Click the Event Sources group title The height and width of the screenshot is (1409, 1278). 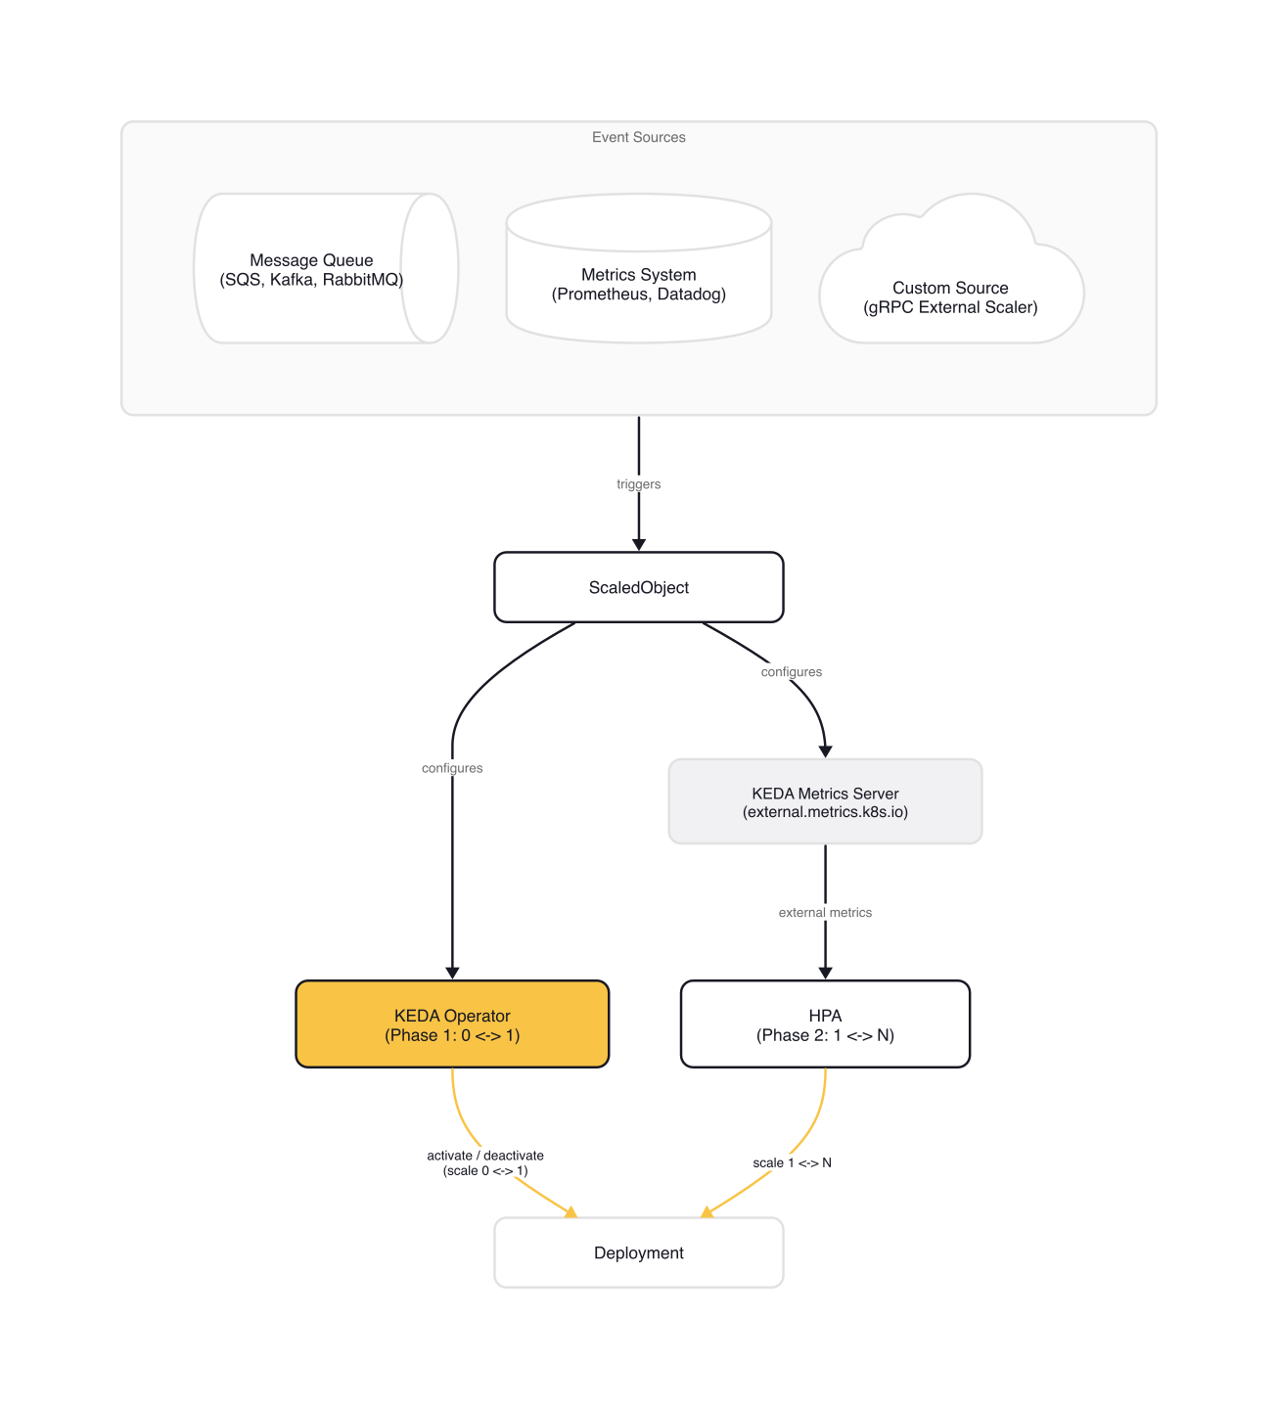638,137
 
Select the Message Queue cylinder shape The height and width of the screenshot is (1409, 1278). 311,270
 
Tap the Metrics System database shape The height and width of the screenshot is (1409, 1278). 638,284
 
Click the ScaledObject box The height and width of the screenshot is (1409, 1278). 638,587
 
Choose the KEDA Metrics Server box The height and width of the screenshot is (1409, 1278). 825,801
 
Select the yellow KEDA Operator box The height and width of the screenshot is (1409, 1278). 452,1024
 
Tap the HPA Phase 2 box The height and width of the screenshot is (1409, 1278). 825,1024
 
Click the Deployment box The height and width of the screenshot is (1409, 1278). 638,1252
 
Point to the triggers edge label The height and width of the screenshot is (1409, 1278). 638,484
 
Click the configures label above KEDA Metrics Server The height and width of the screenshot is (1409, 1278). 791,672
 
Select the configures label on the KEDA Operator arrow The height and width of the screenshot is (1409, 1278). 452,768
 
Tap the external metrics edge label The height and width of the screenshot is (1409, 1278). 825,913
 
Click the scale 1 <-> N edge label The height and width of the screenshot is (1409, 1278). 792,1162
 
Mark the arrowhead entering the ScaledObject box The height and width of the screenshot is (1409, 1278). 639,545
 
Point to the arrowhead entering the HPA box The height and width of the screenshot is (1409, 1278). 825,973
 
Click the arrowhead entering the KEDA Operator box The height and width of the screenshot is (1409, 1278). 452,973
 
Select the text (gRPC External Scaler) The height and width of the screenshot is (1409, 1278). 950,307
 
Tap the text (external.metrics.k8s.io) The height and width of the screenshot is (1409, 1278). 825,812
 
